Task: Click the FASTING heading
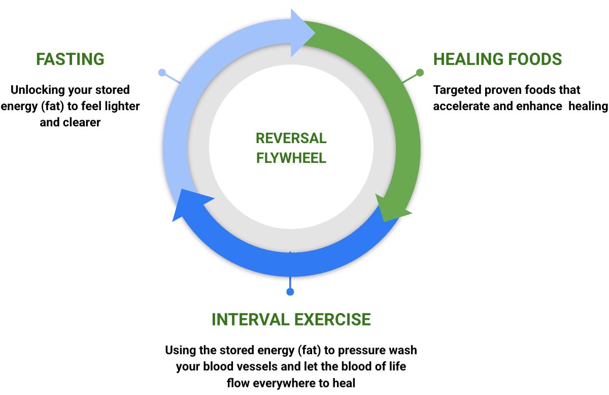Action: click(x=70, y=59)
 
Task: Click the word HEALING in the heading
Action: click(x=464, y=59)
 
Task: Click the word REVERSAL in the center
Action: click(x=291, y=139)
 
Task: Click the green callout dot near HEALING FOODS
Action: click(x=419, y=72)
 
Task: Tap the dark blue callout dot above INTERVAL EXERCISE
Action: click(x=290, y=292)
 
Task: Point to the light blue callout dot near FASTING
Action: click(x=161, y=73)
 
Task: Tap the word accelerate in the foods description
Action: click(x=461, y=106)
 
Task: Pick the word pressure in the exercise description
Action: click(x=362, y=350)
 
